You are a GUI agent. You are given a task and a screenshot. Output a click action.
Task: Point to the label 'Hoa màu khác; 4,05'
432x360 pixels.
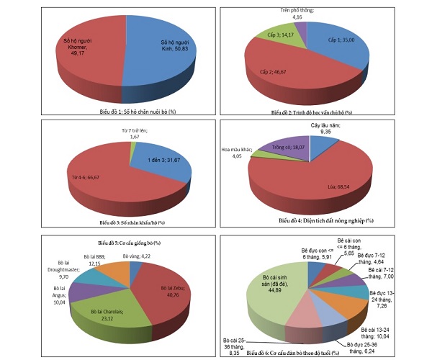(x=235, y=153)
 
